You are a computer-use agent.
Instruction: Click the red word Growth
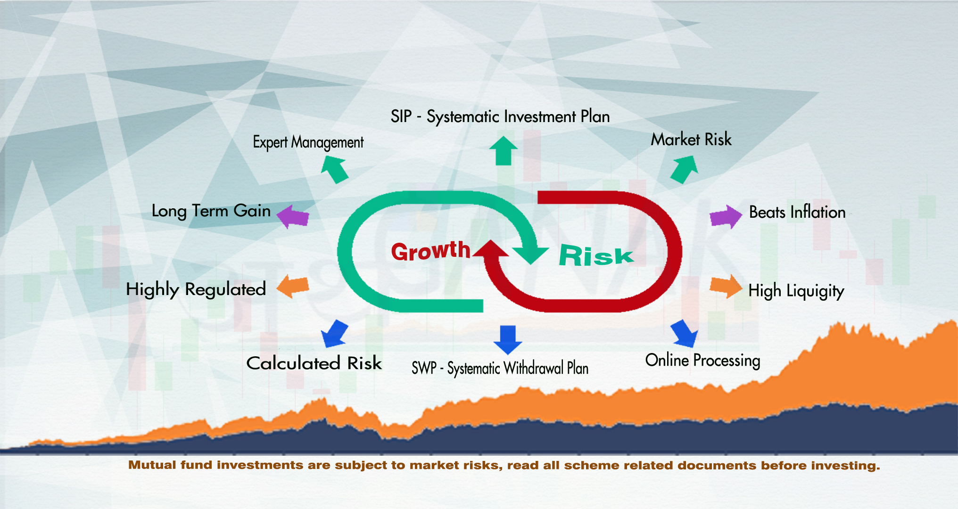(x=430, y=250)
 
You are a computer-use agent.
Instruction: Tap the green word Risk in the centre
(x=596, y=255)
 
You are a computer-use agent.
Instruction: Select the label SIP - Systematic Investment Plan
(x=500, y=116)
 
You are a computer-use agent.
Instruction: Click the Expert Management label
(x=308, y=142)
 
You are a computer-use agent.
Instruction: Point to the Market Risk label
(x=691, y=140)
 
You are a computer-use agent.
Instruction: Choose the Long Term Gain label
(x=211, y=211)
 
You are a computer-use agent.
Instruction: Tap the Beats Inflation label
(x=797, y=212)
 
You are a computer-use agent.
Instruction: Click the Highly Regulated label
(x=196, y=289)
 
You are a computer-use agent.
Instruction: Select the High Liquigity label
(x=796, y=291)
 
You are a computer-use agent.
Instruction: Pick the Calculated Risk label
(x=314, y=363)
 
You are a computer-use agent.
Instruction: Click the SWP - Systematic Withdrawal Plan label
(x=500, y=368)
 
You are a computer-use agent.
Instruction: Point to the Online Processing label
(x=702, y=361)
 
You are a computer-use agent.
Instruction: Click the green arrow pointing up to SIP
(x=504, y=151)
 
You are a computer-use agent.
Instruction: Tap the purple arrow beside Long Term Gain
(x=293, y=216)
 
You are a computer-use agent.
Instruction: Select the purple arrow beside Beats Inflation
(x=726, y=217)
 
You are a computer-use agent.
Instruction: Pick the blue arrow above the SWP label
(x=508, y=340)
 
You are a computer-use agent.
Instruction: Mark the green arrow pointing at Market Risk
(x=684, y=169)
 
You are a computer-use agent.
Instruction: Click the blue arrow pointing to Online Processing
(x=684, y=333)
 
